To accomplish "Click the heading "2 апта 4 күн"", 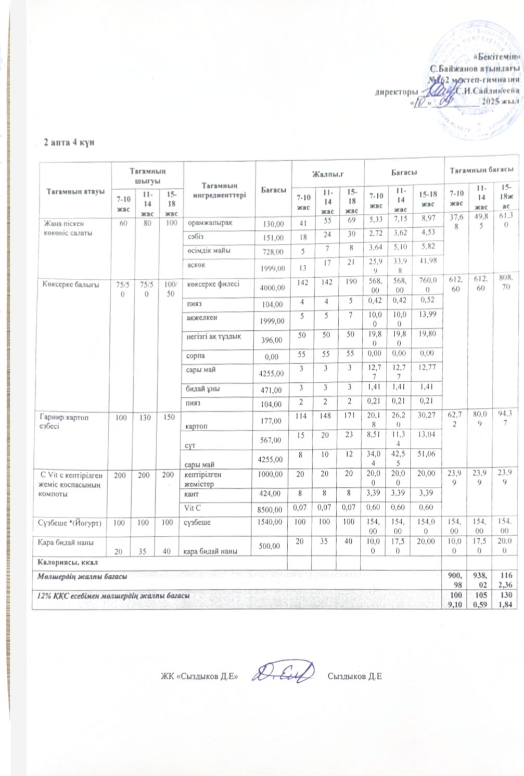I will (x=69, y=143).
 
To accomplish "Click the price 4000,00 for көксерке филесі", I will (x=273, y=287).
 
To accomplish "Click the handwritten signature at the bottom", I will (x=283, y=675).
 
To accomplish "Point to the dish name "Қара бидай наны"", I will (x=62, y=542).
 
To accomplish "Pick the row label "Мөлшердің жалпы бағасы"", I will (x=81, y=576).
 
